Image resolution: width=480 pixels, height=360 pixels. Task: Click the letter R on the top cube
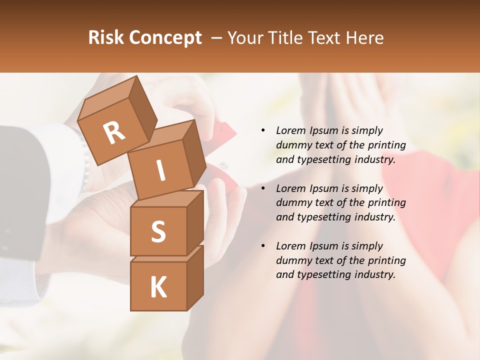click(114, 133)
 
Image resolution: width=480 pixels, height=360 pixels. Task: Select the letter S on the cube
click(158, 231)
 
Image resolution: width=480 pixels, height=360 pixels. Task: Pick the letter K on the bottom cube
click(158, 287)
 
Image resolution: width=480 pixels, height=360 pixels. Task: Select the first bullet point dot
click(263, 131)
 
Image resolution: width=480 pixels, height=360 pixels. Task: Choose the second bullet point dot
click(263, 189)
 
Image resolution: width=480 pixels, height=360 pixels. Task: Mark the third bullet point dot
click(263, 246)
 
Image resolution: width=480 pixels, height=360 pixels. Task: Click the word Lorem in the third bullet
click(291, 246)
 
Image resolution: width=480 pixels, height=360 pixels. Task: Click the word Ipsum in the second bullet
click(324, 188)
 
